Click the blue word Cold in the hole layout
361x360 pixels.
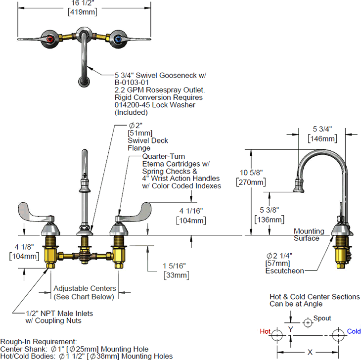pyautogui.click(x=354, y=332)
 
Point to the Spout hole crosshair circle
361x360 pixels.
pyautogui.click(x=308, y=322)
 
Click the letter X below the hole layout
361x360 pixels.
pyautogui.click(x=310, y=352)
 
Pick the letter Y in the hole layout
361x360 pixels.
pyautogui.click(x=291, y=328)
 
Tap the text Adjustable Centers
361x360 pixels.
pyautogui.click(x=85, y=288)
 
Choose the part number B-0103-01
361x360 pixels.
pyautogui.click(x=130, y=83)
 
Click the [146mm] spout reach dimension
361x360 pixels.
pyautogui.click(x=322, y=139)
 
